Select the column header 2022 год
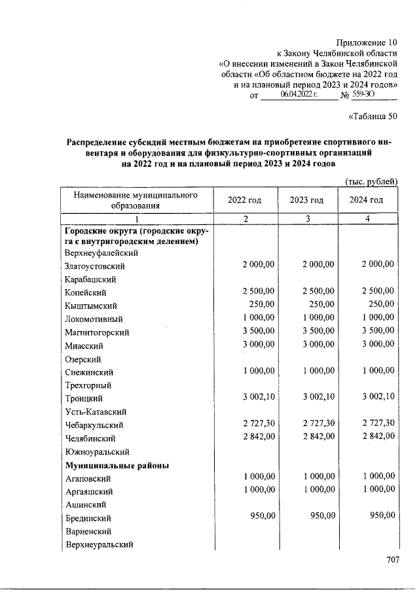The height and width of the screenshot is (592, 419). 244,200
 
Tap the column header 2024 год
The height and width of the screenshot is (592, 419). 367,200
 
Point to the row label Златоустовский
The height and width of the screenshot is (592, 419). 95,267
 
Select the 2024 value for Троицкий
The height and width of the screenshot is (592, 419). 378,397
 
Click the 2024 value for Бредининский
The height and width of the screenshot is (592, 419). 383,516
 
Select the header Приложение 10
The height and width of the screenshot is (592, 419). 368,42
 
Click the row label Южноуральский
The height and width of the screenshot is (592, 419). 97,451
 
